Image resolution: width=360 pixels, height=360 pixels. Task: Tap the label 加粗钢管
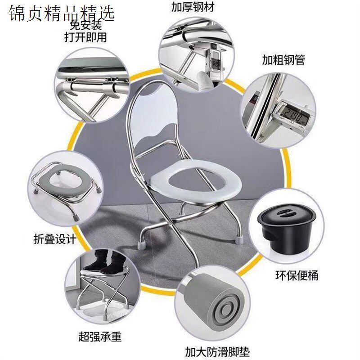click(x=283, y=59)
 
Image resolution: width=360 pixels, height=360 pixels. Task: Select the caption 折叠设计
click(x=55, y=238)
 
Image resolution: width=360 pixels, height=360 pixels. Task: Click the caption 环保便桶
click(x=297, y=274)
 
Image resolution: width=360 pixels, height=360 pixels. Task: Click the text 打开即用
click(x=85, y=37)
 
